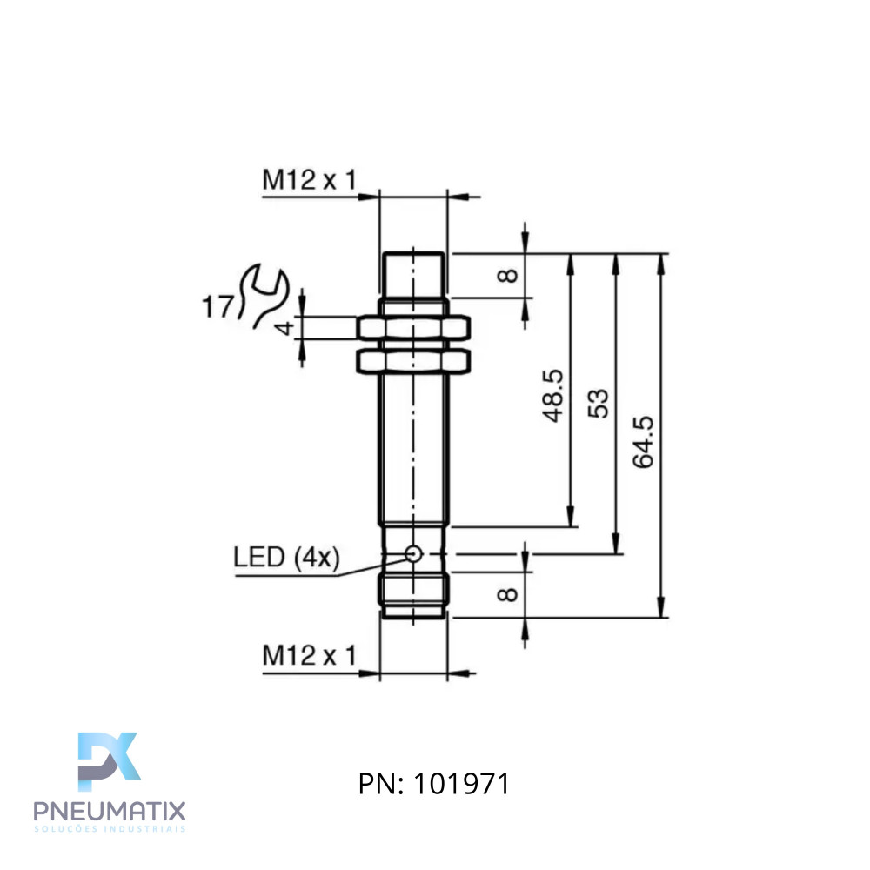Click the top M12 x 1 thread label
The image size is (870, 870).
[x=309, y=180]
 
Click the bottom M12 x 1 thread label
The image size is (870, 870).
[x=309, y=655]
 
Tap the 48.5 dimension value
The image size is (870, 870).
[x=552, y=396]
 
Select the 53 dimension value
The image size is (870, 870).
[x=599, y=404]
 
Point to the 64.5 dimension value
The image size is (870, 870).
[x=644, y=442]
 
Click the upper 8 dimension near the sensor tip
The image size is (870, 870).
[x=508, y=275]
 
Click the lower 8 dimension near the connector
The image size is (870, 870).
[x=508, y=595]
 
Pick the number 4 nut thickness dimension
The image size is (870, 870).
[x=284, y=328]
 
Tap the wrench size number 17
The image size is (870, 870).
[x=218, y=307]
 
